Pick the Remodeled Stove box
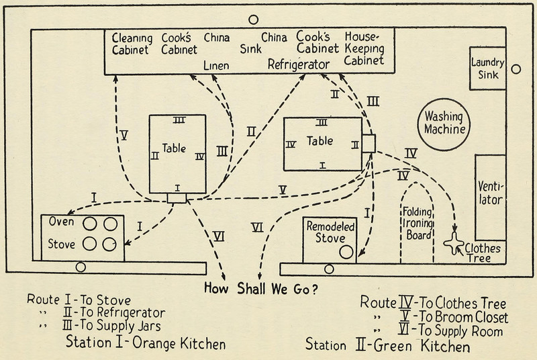click(329, 239)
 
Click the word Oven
click(61, 222)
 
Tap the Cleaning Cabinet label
click(132, 43)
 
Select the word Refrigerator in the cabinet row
click(299, 64)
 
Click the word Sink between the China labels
click(250, 48)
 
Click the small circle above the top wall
click(254, 20)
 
